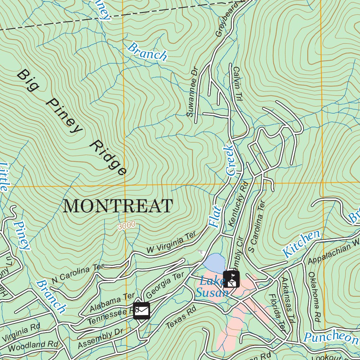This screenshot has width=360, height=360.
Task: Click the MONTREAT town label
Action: coord(118,206)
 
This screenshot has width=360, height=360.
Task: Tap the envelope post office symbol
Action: coord(142,311)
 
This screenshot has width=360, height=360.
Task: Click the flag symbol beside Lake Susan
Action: coord(231,279)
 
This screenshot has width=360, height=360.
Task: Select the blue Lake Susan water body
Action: coord(214,263)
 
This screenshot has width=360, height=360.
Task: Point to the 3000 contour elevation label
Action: coord(127,226)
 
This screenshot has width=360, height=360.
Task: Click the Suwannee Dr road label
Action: coord(192,92)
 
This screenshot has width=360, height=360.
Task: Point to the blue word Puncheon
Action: coord(330,337)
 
